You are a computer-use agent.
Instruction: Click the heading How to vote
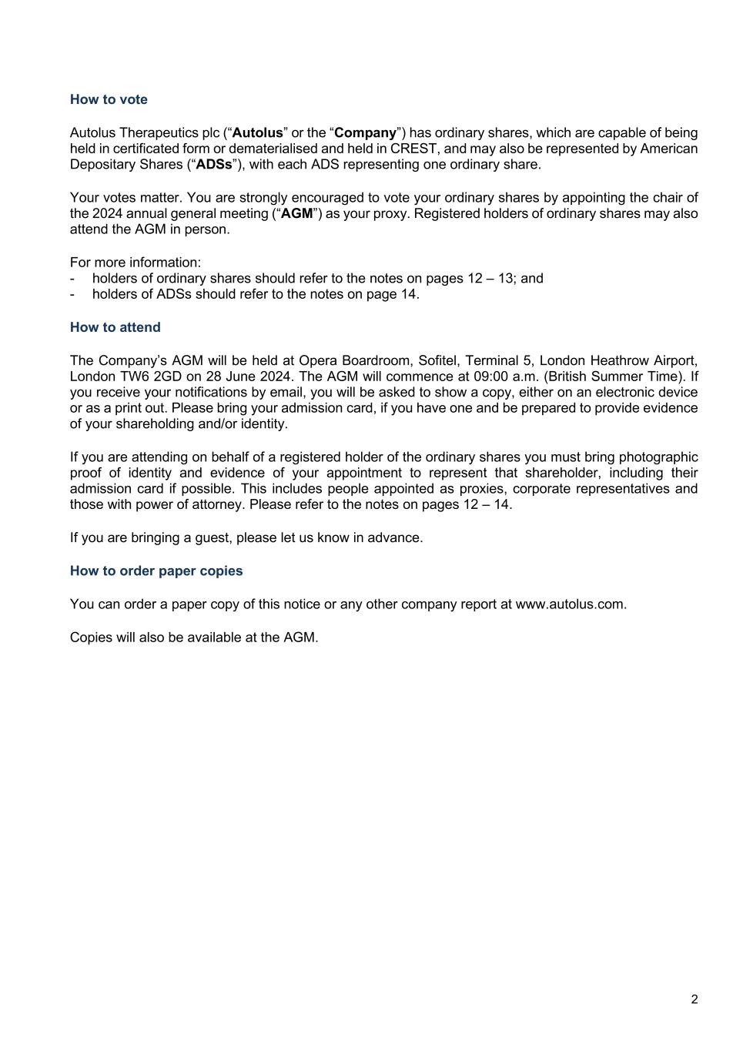(x=109, y=99)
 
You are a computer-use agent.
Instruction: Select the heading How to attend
(x=115, y=327)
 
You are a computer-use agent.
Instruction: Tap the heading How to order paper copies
(x=156, y=571)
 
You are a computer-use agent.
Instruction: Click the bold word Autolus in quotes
(x=258, y=132)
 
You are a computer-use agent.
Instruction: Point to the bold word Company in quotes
(x=365, y=132)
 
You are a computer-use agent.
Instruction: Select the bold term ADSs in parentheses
(x=214, y=164)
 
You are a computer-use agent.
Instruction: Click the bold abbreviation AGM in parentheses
(x=296, y=213)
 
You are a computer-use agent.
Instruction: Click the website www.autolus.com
(x=569, y=604)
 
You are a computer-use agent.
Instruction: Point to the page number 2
(x=694, y=999)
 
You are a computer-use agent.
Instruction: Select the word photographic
(x=653, y=457)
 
